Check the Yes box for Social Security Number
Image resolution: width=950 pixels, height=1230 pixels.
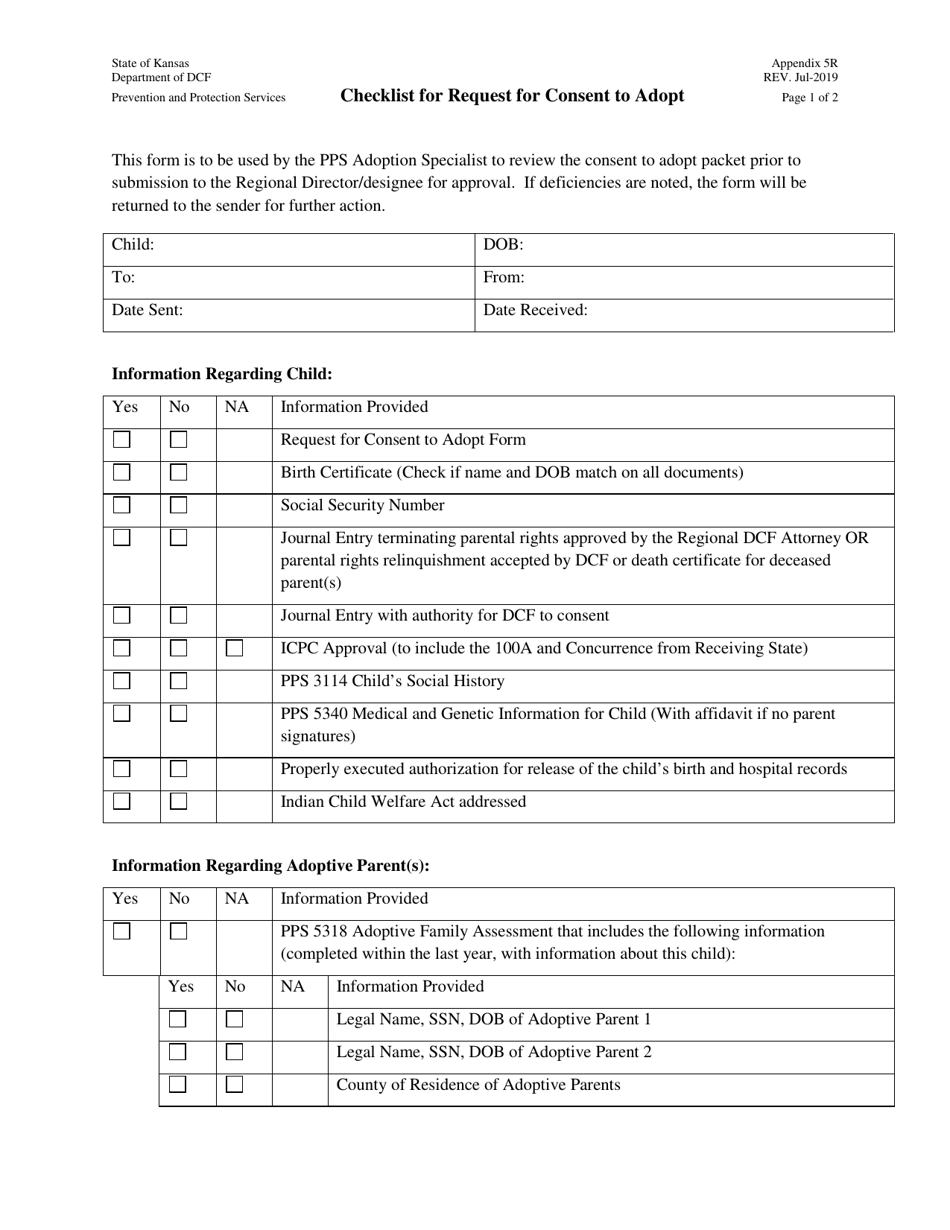click(x=122, y=505)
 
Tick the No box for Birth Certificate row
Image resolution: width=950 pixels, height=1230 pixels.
click(x=178, y=472)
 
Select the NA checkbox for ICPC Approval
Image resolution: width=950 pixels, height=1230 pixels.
click(x=234, y=648)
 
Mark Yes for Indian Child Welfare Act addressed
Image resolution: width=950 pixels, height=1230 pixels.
click(x=122, y=801)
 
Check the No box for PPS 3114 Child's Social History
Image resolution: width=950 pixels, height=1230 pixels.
click(x=178, y=681)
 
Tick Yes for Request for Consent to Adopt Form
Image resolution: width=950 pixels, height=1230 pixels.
click(x=122, y=439)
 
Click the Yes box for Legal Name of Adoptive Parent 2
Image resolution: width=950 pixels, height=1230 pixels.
click(x=178, y=1052)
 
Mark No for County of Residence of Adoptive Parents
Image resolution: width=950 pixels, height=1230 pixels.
click(x=234, y=1085)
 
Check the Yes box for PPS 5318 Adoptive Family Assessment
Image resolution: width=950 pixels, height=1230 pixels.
click(x=122, y=931)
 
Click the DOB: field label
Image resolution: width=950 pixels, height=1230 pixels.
click(x=503, y=245)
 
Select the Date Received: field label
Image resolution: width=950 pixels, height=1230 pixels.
click(x=535, y=310)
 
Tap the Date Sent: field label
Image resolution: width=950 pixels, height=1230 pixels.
click(x=147, y=310)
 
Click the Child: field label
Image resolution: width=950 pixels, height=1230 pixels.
click(x=132, y=245)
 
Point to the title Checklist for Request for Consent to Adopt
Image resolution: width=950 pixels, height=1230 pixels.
click(x=512, y=96)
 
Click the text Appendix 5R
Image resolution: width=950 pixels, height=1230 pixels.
click(x=804, y=63)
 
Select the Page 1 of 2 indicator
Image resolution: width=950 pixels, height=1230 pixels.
click(x=810, y=98)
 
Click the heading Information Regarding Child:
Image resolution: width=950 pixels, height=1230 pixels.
click(x=221, y=374)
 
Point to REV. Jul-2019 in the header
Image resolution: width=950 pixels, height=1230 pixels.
click(x=800, y=78)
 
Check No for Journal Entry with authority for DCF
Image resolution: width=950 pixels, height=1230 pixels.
click(x=178, y=615)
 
